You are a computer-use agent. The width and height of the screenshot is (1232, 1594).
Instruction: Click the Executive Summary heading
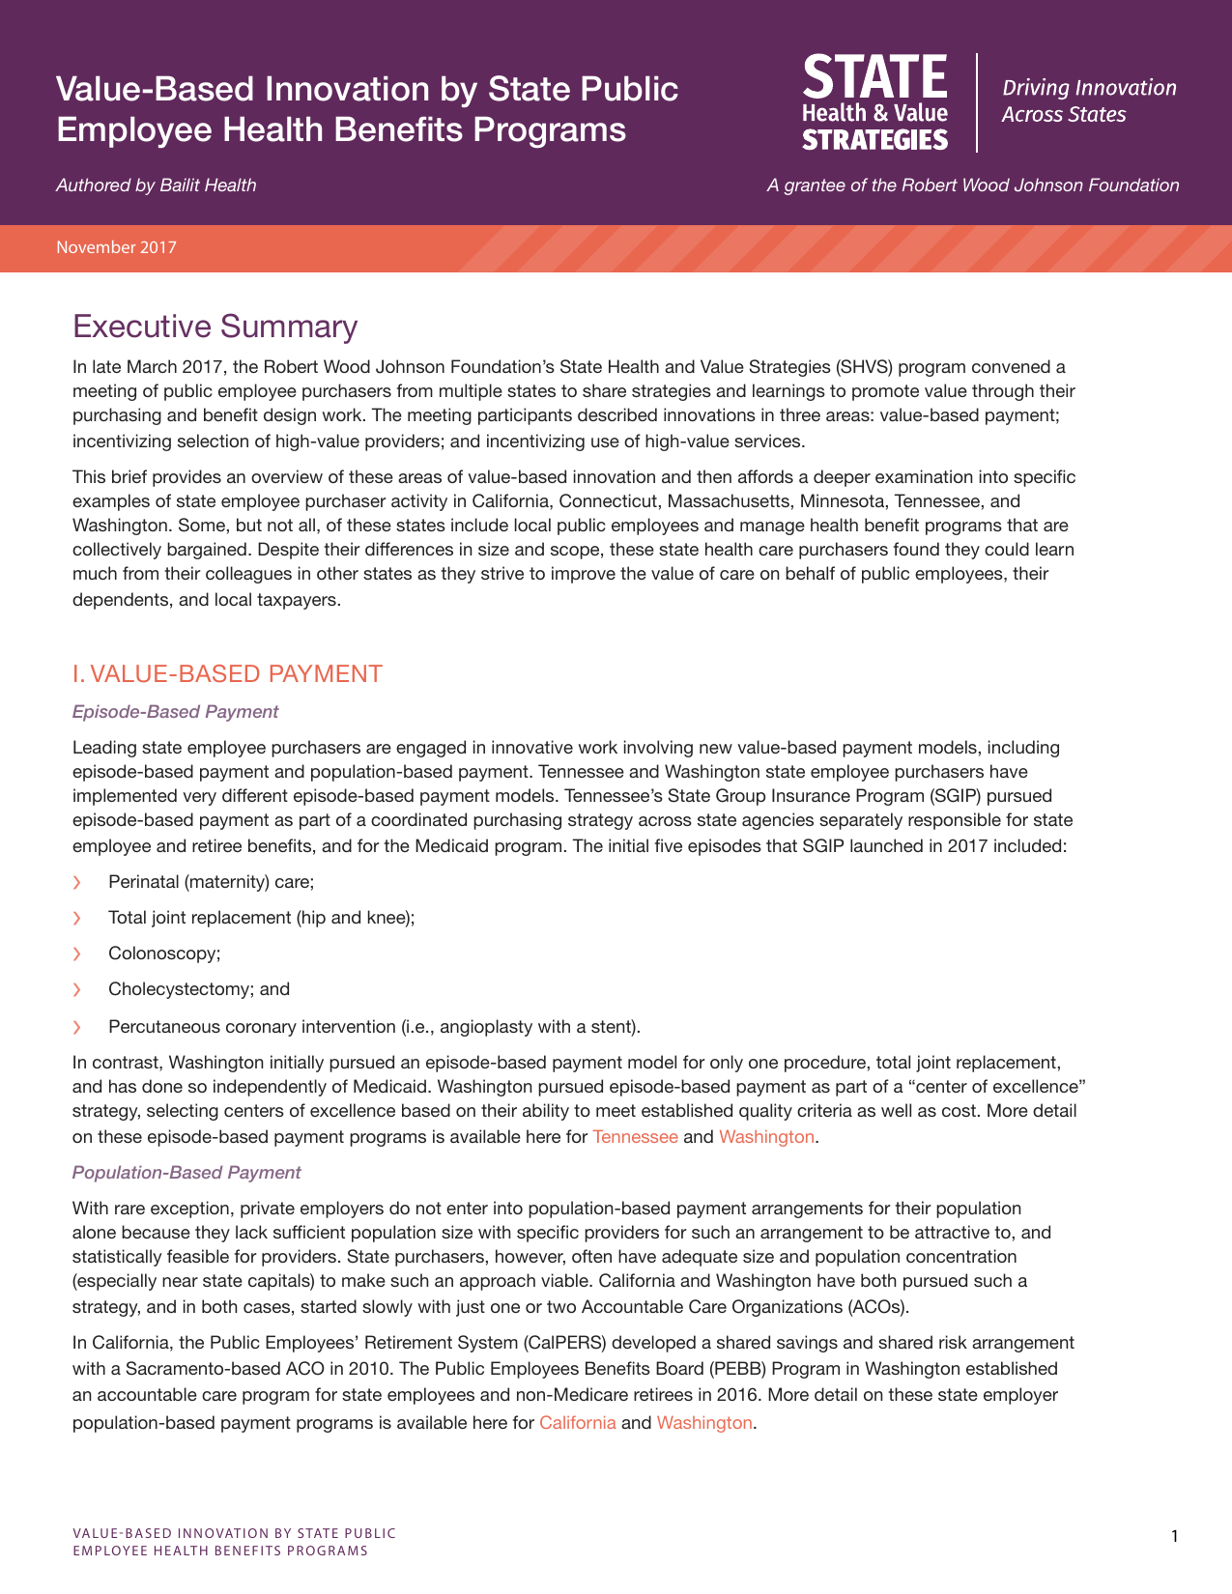click(215, 327)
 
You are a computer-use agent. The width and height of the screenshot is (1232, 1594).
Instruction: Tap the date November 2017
click(116, 247)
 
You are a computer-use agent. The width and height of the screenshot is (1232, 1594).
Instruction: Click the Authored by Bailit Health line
click(156, 185)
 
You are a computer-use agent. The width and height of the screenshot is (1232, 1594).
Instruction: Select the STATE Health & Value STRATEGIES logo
click(874, 102)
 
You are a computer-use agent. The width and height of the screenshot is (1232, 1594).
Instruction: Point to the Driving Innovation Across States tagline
click(1088, 101)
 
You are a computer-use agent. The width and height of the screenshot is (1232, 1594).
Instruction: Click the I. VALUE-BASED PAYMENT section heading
click(227, 673)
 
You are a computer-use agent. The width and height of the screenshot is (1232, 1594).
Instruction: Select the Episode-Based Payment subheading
click(175, 712)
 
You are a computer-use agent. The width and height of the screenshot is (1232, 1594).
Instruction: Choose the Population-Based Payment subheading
click(186, 1173)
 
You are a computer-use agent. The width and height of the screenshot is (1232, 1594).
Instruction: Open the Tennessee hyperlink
click(635, 1137)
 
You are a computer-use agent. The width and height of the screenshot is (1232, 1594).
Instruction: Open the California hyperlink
click(577, 1423)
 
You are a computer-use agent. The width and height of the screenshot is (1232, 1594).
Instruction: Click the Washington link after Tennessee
click(766, 1137)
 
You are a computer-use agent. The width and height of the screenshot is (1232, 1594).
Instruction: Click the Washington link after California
click(703, 1423)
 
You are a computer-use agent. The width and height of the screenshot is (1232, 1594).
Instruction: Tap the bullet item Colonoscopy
click(164, 954)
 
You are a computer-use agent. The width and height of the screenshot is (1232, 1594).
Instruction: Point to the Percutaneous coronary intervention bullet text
click(374, 1026)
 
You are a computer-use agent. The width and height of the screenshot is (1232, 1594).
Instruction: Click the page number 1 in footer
click(1174, 1536)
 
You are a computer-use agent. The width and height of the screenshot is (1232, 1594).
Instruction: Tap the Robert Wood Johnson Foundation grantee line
click(972, 185)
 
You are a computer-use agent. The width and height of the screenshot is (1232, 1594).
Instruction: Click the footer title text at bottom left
click(234, 1542)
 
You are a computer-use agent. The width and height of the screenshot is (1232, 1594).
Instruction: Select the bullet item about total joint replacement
click(261, 918)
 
